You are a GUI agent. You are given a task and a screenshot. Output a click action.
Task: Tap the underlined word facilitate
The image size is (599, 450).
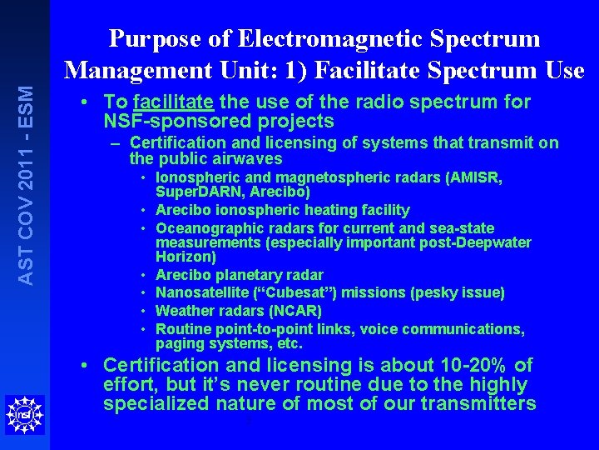tap(173, 102)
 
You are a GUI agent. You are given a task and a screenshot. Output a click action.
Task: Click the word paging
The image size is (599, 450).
tap(176, 343)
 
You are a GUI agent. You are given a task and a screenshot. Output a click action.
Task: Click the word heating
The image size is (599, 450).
tap(326, 210)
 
